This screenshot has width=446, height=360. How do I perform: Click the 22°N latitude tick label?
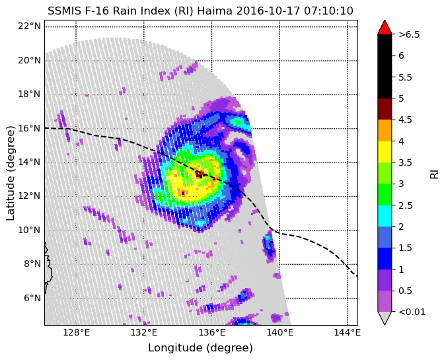tap(29, 26)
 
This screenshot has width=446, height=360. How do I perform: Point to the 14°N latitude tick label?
tap(29, 162)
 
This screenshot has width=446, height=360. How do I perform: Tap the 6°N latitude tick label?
tap(32, 298)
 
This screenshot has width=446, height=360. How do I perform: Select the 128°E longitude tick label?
tap(76, 332)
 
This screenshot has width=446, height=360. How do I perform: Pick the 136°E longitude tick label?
tap(212, 332)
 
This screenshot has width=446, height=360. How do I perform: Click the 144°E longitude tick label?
tap(348, 332)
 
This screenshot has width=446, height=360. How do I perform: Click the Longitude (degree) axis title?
tap(200, 347)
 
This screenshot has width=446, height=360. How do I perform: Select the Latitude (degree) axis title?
tap(10, 173)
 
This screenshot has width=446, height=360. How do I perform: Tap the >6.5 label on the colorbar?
tap(409, 34)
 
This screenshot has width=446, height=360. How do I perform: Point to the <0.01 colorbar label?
tap(412, 312)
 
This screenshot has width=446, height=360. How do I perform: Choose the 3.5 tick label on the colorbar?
tap(405, 162)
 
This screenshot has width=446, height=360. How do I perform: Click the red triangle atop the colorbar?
tap(385, 27)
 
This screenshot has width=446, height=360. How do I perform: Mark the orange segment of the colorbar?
tap(385, 130)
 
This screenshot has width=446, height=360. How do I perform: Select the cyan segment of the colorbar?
tap(385, 216)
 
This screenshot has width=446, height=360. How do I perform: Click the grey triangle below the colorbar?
tap(385, 318)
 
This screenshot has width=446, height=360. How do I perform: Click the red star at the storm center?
tap(201, 173)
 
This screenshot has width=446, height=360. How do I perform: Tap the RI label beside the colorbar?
tap(434, 173)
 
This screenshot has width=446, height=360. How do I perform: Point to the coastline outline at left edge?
tap(48, 268)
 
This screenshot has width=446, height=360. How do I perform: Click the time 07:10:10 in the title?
tap(328, 11)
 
